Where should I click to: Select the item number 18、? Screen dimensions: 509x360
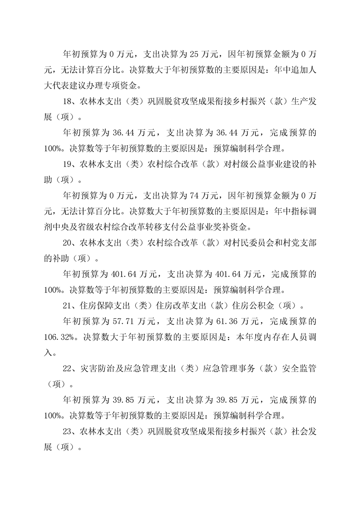click(x=70, y=102)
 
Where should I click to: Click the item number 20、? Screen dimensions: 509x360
click(x=70, y=242)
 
